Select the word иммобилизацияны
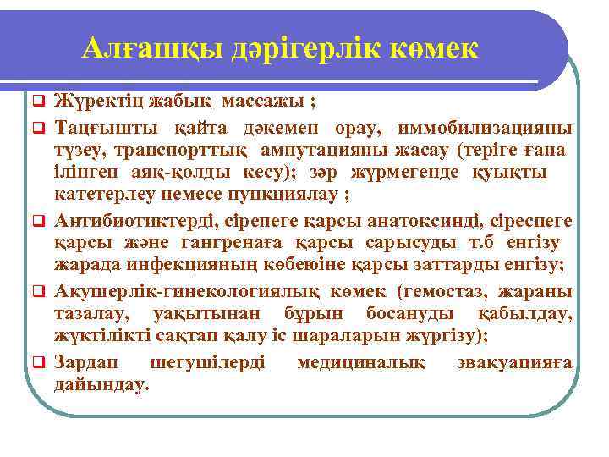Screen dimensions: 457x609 [x=491, y=130]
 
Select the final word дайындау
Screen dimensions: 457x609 [x=101, y=386]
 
